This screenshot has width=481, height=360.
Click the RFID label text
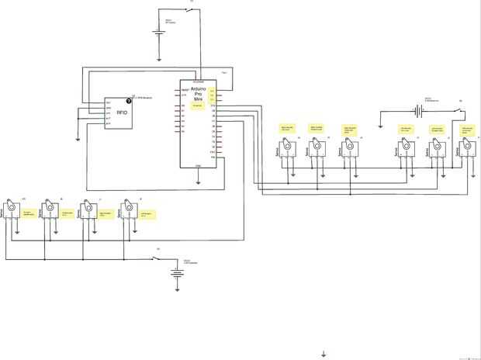coord(123,113)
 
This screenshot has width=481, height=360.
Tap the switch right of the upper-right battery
coord(463,110)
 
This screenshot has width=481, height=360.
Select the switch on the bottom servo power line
coord(160,258)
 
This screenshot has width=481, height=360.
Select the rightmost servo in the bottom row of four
coord(126,211)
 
